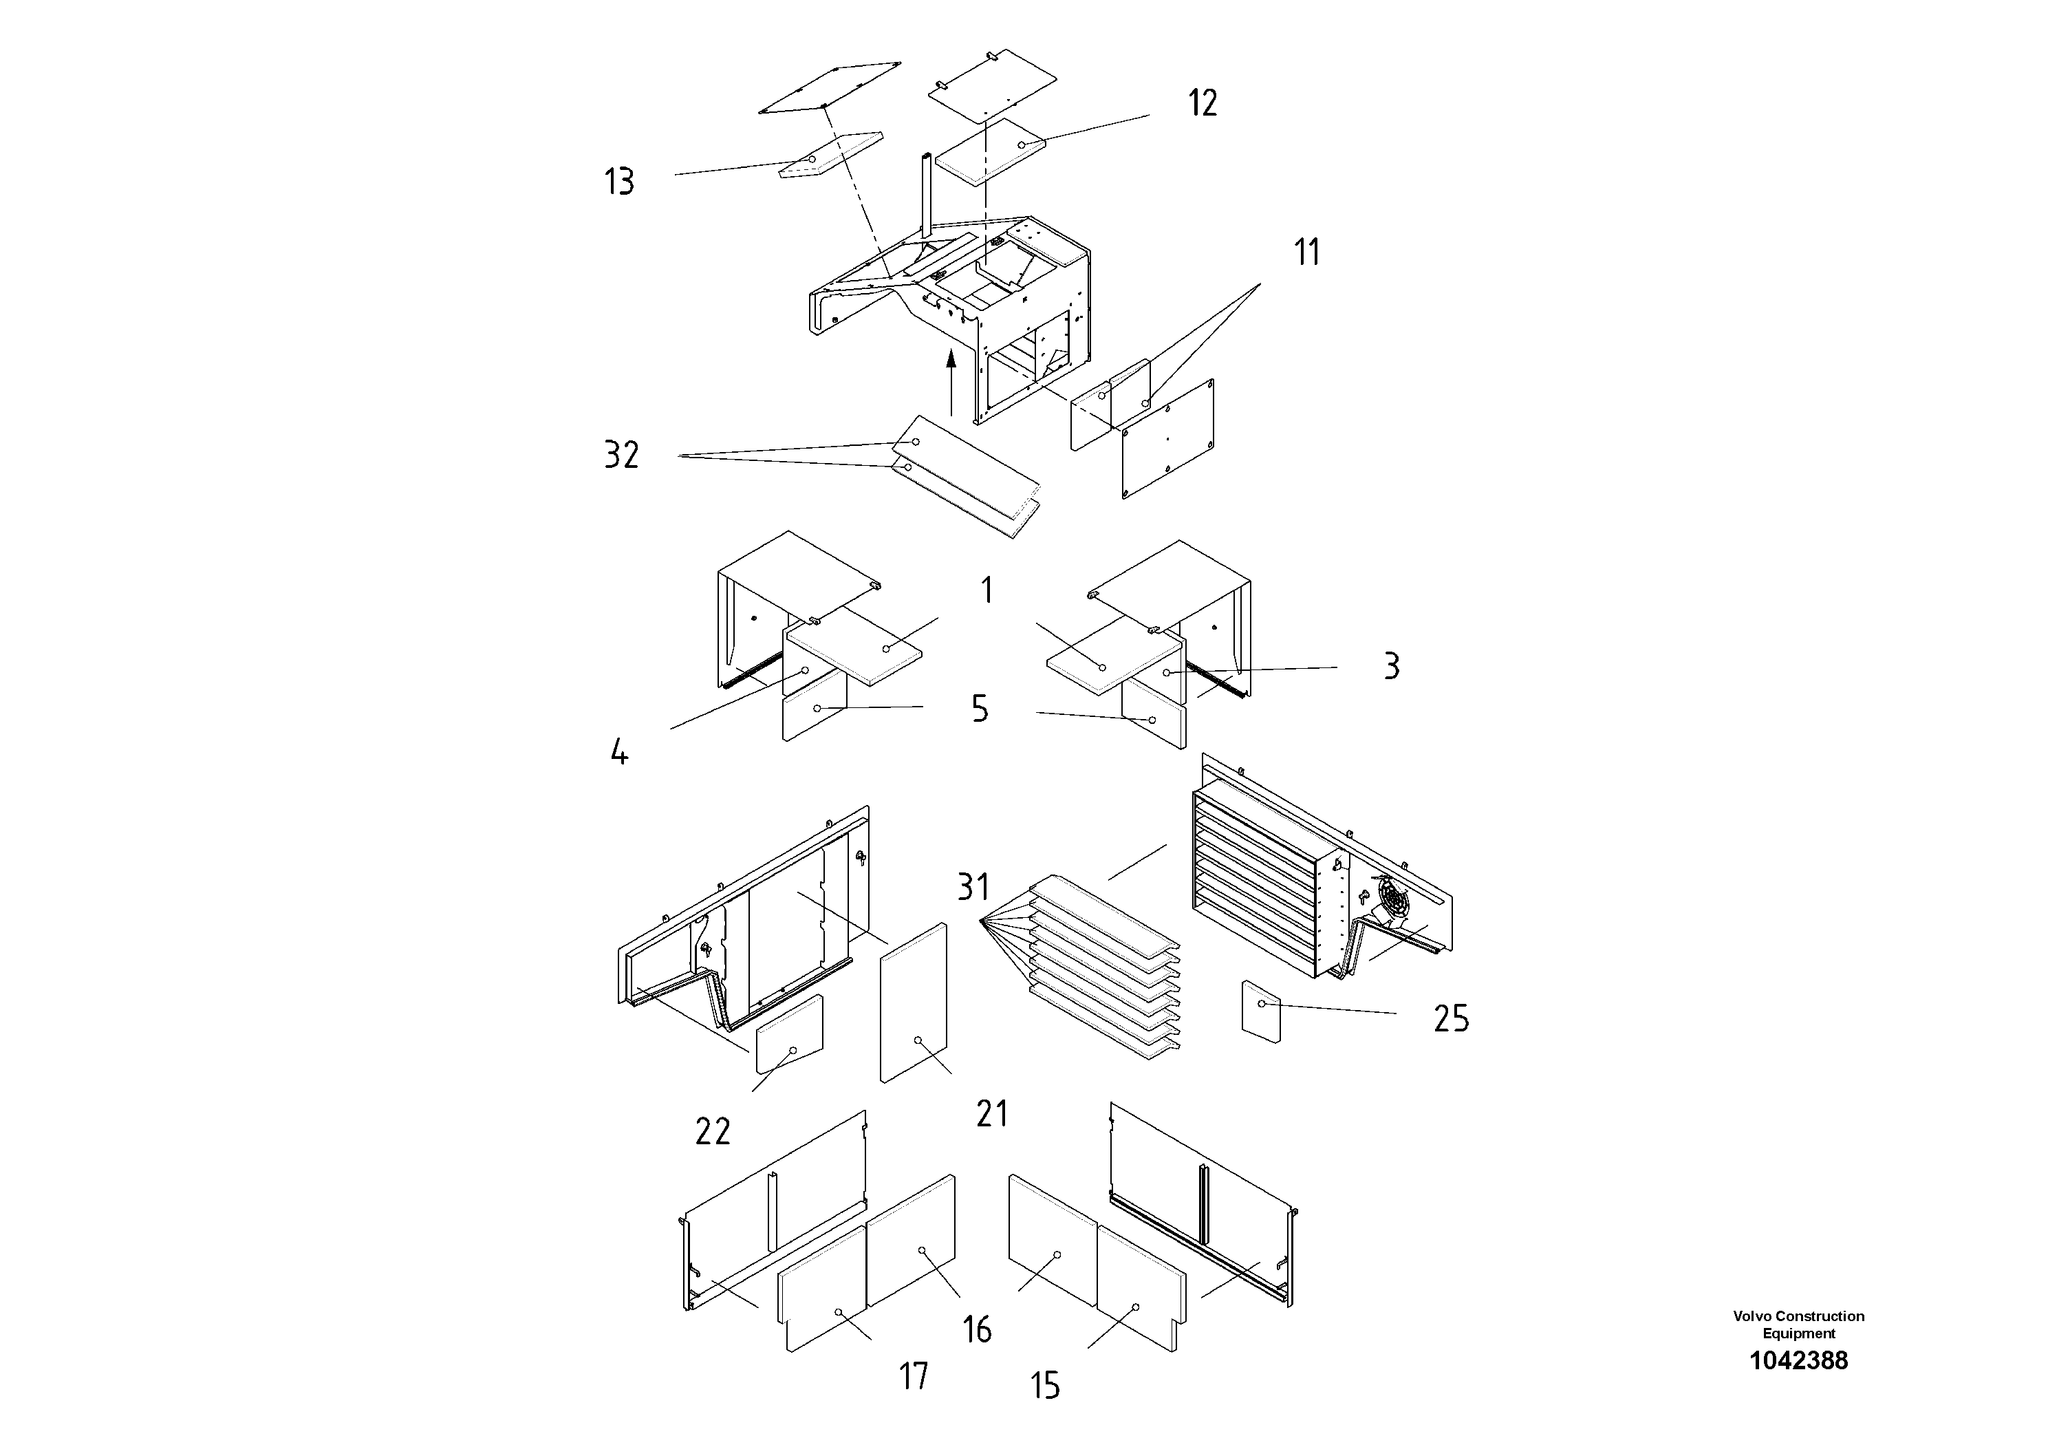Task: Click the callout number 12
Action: [1203, 103]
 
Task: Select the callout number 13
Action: [619, 182]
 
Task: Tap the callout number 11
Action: [1307, 253]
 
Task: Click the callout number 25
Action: [1450, 1018]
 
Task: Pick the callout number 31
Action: [973, 887]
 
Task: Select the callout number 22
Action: [713, 1132]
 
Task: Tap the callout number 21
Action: [992, 1113]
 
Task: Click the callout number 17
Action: [914, 1375]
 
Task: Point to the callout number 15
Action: [1044, 1386]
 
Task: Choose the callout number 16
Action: [978, 1329]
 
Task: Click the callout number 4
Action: [619, 753]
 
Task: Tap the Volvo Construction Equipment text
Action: [1798, 1325]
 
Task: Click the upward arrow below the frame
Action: [951, 384]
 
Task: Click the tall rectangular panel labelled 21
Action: [914, 1004]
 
